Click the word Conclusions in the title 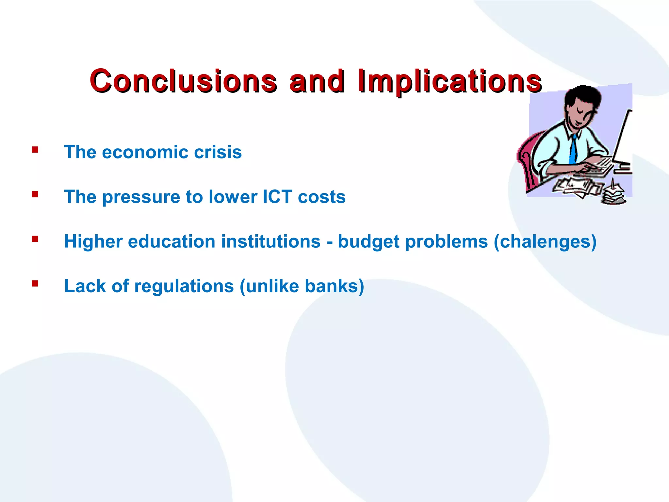click(183, 81)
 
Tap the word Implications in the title click(449, 81)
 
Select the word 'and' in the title click(316, 81)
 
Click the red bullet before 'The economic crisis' click(35, 150)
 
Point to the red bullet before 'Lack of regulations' click(35, 283)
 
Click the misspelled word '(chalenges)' click(545, 242)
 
